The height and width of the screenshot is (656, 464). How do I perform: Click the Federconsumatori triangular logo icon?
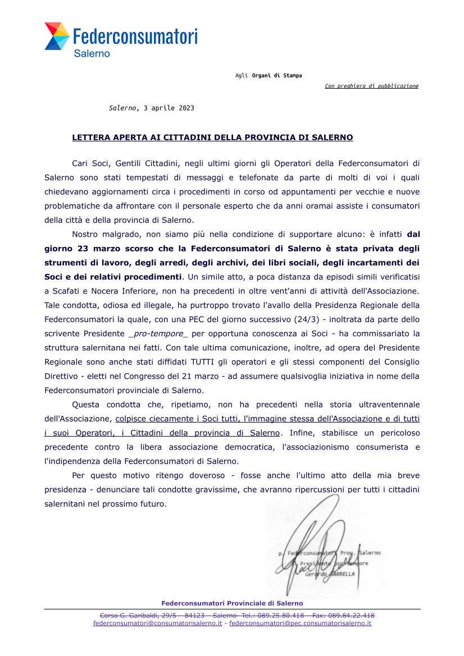click(x=57, y=36)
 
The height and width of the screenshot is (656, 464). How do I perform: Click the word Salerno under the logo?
click(x=92, y=54)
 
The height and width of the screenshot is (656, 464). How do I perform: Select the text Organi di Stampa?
click(x=276, y=76)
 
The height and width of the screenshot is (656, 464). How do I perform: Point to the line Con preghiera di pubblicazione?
click(x=371, y=86)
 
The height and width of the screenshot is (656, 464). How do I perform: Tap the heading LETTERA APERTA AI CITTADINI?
click(x=212, y=137)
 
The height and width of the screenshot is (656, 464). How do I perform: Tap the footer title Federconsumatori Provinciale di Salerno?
click(x=232, y=603)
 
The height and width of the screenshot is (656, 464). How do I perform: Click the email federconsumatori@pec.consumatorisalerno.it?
click(x=300, y=623)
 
